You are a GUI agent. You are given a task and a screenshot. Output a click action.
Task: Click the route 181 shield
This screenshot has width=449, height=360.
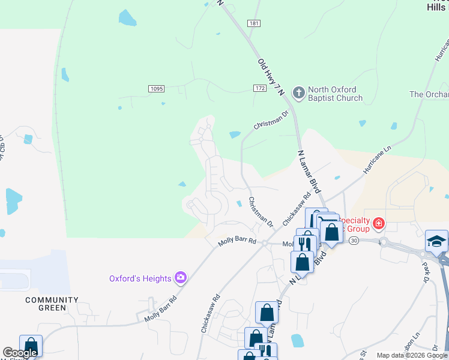coord(253,23)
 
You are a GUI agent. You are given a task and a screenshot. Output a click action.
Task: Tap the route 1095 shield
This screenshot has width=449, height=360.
coord(156,89)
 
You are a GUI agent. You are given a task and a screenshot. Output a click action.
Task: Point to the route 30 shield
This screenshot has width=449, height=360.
coord(354,241)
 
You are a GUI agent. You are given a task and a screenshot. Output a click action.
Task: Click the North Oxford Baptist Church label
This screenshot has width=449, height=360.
coord(335,94)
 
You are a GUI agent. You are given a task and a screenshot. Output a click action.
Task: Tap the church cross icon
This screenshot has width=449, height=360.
coord(298,92)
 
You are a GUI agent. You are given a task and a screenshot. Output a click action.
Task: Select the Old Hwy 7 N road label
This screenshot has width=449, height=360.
coord(270,75)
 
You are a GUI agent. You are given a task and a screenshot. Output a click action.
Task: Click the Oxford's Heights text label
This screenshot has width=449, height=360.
coord(140,278)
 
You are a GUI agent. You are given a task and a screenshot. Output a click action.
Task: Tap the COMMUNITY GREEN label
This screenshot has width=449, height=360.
coord(52,304)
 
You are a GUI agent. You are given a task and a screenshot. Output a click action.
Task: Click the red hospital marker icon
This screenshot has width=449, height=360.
coord(378,224)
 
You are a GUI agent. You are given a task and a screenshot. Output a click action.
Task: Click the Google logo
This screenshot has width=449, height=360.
coord(20,353)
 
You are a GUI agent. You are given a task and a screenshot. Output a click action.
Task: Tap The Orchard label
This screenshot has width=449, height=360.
coord(429,94)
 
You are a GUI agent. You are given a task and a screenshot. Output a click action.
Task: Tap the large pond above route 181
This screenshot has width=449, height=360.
coord(127,18)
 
